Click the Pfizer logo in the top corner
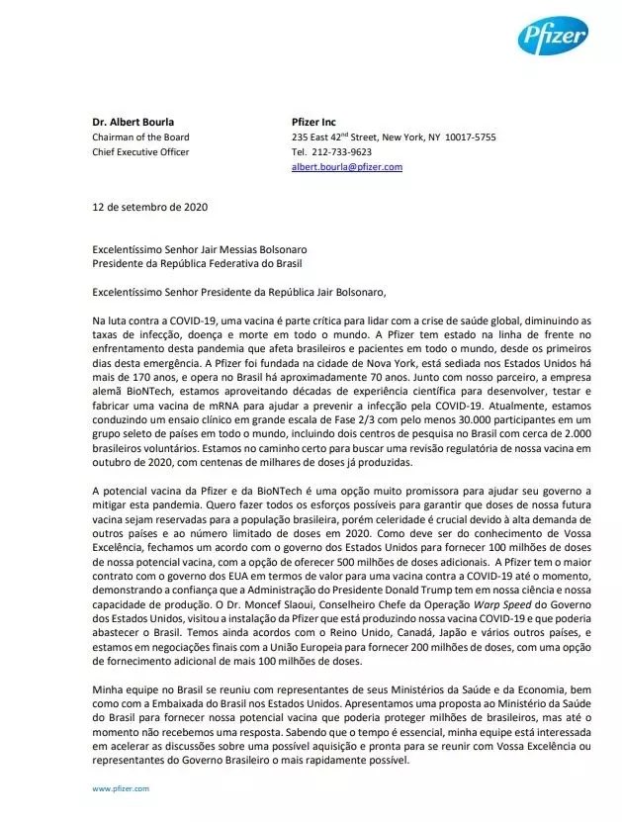(553, 39)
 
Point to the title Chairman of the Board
(140, 137)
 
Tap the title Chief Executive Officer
(140, 152)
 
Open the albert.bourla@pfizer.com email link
(346, 167)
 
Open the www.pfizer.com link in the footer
(121, 788)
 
